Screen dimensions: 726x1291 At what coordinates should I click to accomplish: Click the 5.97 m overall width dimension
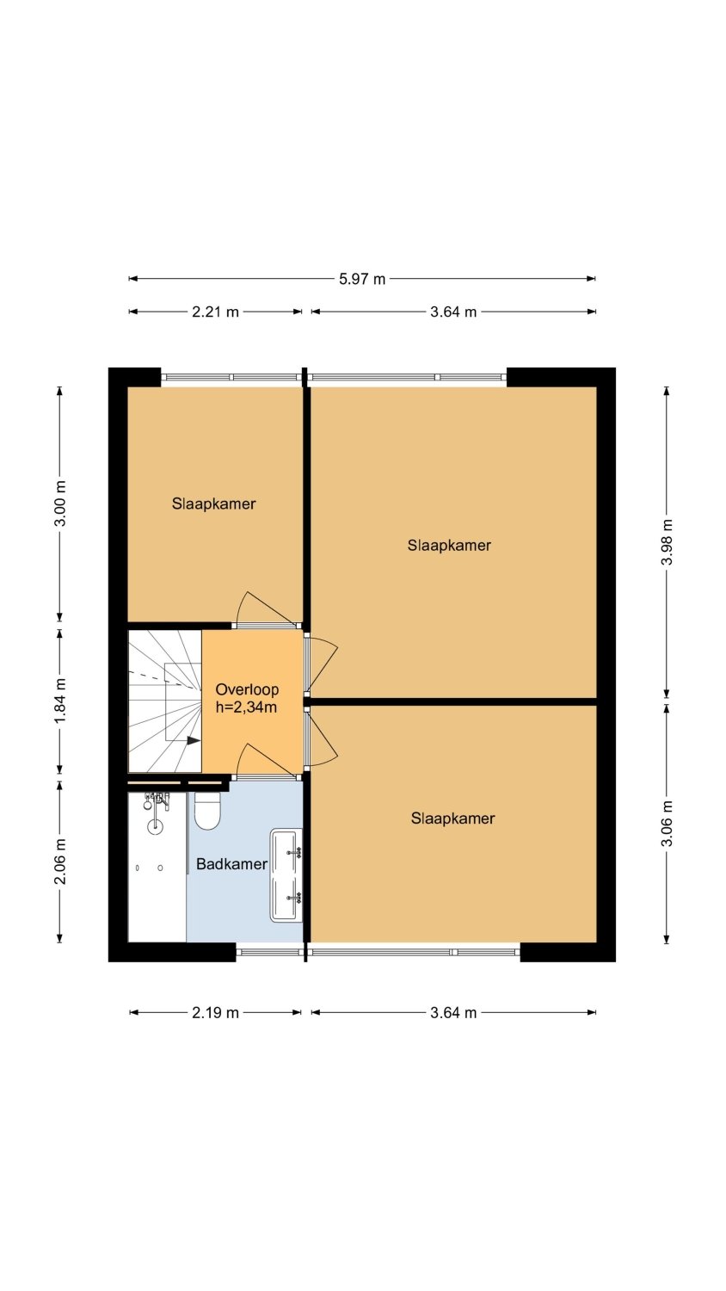[x=362, y=280]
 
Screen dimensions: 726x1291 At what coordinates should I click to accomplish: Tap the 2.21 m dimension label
[x=215, y=312]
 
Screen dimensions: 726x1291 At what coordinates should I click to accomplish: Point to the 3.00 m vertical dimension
[x=60, y=503]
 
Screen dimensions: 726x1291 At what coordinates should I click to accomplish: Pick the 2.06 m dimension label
[x=60, y=861]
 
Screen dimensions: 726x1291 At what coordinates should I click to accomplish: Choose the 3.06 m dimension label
[x=667, y=823]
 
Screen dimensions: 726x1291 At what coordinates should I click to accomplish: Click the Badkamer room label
[x=231, y=864]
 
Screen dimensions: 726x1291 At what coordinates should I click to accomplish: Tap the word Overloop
[x=247, y=689]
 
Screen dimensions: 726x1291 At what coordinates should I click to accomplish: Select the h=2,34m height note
[x=246, y=707]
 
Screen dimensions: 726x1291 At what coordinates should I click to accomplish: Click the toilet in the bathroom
[x=206, y=811]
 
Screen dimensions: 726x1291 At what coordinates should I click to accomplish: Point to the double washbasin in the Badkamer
[x=286, y=875]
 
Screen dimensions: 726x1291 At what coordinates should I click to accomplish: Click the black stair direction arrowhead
[x=194, y=741]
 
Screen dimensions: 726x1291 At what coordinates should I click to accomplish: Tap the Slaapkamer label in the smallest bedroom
[x=214, y=503]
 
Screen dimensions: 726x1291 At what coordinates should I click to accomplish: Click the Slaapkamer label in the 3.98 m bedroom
[x=449, y=545]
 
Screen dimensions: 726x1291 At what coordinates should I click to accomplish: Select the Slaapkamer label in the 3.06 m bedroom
[x=452, y=818]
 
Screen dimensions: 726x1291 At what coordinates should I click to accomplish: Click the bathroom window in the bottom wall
[x=269, y=952]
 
